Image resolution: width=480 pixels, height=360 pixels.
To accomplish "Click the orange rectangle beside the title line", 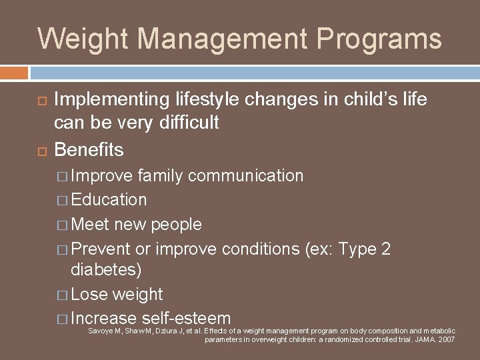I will (x=14, y=72).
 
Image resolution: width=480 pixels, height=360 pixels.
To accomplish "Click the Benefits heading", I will (x=89, y=149).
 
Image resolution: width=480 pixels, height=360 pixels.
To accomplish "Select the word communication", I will (x=246, y=175).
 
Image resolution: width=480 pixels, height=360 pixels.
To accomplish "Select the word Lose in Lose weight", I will (x=91, y=294).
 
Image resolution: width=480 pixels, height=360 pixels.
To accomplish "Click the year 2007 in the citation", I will (x=446, y=339).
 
